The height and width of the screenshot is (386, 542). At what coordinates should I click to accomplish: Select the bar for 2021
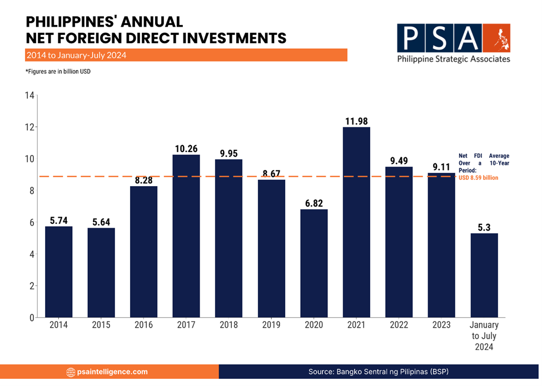pos(356,222)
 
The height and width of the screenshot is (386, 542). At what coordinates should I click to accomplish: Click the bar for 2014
pos(58,272)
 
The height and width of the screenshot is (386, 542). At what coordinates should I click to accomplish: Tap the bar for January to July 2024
pos(484,275)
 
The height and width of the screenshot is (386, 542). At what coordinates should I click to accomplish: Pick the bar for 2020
pos(314,263)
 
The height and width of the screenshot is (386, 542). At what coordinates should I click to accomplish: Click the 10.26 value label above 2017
pos(186,148)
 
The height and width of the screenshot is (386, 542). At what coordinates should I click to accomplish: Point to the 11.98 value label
pos(356,121)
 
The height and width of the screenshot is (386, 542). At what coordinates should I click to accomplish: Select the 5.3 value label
pos(484,227)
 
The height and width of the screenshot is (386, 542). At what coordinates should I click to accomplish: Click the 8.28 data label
pos(143,180)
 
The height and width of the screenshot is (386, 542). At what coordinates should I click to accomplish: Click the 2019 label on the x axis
pos(271,325)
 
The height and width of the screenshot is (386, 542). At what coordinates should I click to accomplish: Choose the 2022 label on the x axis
pos(399,325)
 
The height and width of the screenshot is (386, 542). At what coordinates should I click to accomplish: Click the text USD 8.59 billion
pos(478,178)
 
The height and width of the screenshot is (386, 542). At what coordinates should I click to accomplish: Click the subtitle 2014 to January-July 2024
pos(76,56)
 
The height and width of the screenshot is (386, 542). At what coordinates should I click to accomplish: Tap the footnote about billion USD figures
pos(58,72)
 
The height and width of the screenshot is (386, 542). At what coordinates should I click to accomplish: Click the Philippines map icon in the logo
pos(496,37)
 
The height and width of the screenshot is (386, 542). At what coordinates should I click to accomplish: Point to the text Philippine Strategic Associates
pos(453,59)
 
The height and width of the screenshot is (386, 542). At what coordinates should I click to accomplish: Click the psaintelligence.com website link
pos(114,372)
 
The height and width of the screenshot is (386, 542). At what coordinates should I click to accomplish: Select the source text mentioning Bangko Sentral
pos(378,372)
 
